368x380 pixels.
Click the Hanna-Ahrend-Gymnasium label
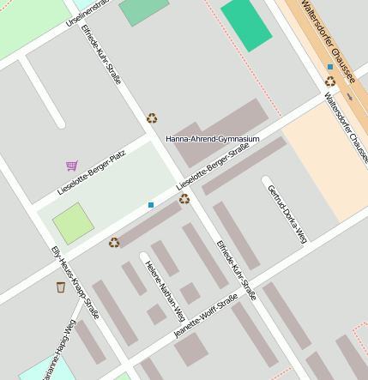213,138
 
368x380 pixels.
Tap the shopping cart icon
71,166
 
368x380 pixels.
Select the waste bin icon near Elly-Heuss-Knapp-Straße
61,287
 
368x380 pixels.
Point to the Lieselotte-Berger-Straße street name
212,167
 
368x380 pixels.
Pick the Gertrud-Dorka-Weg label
287,214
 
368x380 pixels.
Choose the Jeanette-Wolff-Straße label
205,316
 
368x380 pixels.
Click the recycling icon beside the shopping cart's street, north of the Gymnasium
152,118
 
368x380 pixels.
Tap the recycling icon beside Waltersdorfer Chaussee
330,81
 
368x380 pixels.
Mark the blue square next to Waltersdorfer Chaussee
330,67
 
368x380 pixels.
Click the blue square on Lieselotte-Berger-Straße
151,205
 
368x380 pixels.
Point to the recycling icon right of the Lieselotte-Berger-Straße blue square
184,199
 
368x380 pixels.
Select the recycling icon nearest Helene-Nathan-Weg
114,243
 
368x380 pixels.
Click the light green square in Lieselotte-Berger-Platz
73,223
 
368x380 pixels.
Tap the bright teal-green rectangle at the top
246,24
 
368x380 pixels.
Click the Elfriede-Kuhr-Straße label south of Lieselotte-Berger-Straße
236,269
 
